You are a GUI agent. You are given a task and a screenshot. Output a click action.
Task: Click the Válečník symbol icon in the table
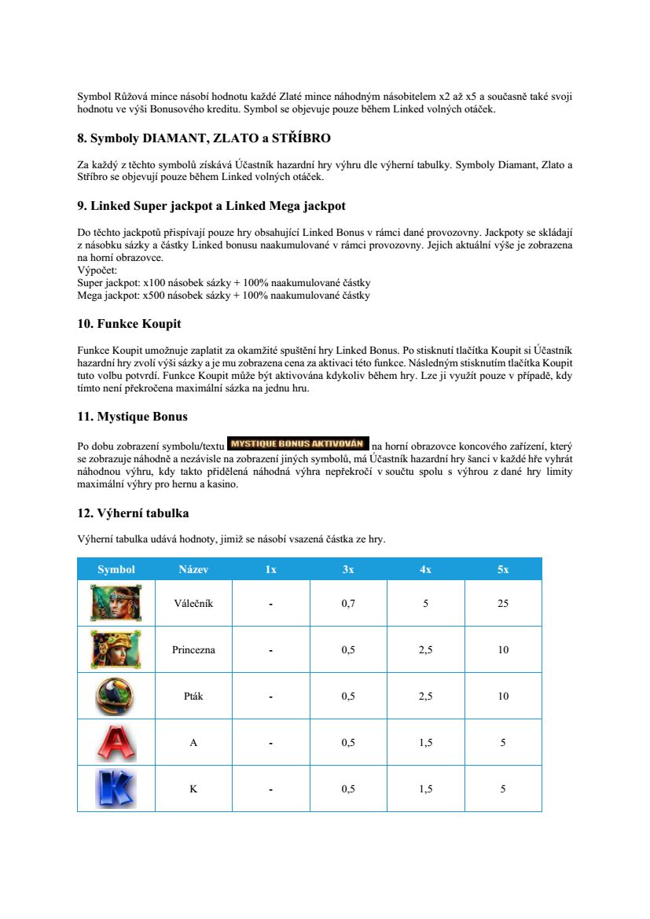tap(116, 603)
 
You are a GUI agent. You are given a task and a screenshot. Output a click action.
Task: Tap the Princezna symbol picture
tap(116, 649)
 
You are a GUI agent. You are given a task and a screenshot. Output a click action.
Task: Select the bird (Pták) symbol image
tap(116, 696)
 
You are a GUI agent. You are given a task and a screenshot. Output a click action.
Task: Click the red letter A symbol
tap(116, 742)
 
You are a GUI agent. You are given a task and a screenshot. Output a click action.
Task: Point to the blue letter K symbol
tap(116, 789)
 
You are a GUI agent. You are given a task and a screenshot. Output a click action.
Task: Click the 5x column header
tap(503, 569)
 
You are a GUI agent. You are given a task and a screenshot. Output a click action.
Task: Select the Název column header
tap(193, 569)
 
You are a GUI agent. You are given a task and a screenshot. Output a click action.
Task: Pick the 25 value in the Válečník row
tap(503, 604)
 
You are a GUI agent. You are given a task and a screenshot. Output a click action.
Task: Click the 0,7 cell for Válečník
tap(348, 604)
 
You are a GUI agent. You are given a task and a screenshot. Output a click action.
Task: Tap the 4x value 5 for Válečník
tap(425, 604)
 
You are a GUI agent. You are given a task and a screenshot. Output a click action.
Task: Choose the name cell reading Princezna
tap(193, 650)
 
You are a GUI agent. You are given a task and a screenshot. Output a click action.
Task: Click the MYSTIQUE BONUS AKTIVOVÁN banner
tap(297, 443)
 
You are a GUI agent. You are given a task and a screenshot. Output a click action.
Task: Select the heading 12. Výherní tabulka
tap(133, 513)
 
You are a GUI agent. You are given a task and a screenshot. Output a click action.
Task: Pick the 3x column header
tap(348, 569)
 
